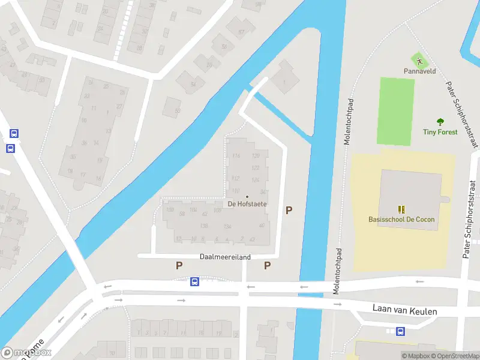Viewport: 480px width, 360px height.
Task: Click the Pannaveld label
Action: tap(419, 71)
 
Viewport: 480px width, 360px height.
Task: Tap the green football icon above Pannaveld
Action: tap(419, 60)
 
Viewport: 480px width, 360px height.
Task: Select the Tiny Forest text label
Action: tap(440, 132)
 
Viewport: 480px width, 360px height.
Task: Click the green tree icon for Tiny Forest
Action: tap(440, 122)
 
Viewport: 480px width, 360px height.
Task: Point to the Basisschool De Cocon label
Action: tap(401, 220)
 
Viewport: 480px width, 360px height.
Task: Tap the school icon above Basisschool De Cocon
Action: tap(401, 209)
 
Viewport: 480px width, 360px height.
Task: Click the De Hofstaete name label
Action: tap(247, 204)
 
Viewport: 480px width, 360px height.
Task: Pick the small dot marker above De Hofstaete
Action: tap(247, 196)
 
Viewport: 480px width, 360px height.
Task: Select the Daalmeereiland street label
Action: tap(225, 257)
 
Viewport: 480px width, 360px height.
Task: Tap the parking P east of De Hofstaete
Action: tap(289, 211)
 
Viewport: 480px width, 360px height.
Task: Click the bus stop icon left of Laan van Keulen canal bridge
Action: tap(194, 281)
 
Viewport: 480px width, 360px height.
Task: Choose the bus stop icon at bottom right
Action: tap(401, 331)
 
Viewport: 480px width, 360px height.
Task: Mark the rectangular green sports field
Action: tap(395, 112)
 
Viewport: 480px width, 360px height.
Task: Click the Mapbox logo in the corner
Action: tap(26, 353)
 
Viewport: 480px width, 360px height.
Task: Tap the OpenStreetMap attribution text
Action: tap(453, 356)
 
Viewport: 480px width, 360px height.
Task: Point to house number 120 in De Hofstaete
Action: tap(256, 156)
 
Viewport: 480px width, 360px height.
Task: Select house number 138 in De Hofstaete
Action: tap(204, 226)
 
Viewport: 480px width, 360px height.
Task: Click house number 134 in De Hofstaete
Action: tap(227, 226)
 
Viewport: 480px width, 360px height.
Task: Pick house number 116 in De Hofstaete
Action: tap(236, 156)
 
